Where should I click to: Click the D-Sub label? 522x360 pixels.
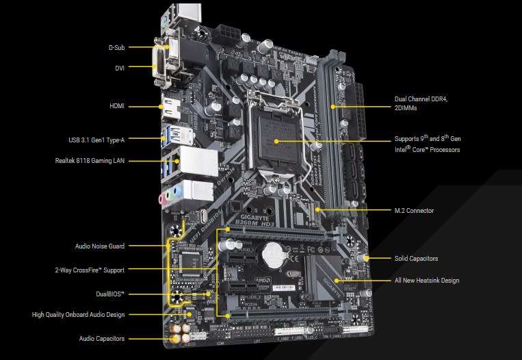(116, 47)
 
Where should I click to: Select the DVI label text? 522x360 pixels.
(118, 67)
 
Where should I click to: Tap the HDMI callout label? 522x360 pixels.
(116, 106)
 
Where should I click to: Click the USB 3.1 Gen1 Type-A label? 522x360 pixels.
(97, 140)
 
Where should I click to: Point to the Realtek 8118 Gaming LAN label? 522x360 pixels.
(90, 161)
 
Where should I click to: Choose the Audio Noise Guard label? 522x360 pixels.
(99, 246)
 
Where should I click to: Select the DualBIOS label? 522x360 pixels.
(111, 294)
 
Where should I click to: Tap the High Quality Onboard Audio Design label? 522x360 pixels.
(78, 315)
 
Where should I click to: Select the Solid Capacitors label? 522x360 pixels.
(416, 259)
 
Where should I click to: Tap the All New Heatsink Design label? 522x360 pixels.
(426, 281)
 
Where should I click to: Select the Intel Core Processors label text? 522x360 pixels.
(427, 150)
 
